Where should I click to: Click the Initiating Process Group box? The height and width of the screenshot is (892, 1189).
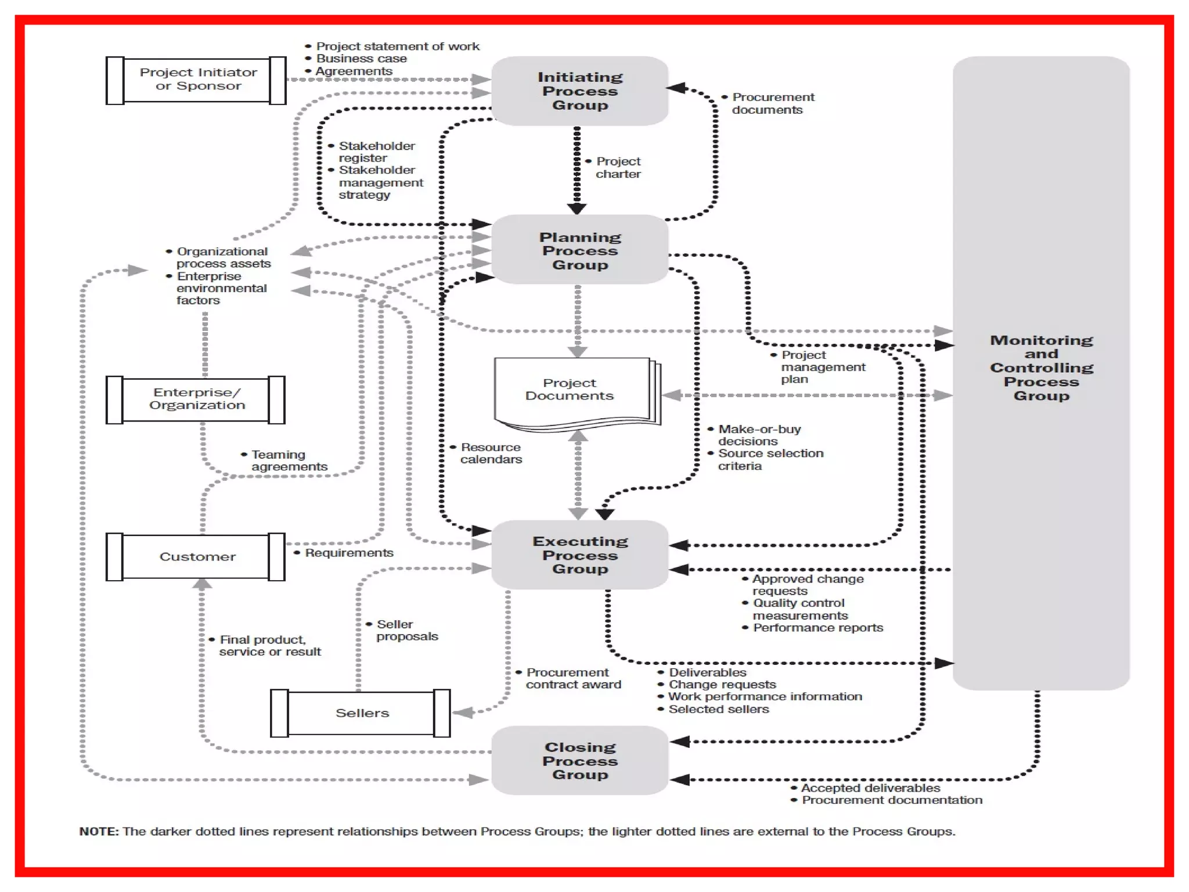pyautogui.click(x=579, y=91)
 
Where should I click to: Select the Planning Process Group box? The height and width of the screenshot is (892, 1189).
pyautogui.click(x=579, y=250)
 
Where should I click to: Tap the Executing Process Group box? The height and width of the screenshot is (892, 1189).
pyautogui.click(x=579, y=555)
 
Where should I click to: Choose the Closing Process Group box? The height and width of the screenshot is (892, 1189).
pyautogui.click(x=579, y=760)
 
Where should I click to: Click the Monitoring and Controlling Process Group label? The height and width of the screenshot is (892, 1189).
pyautogui.click(x=1041, y=368)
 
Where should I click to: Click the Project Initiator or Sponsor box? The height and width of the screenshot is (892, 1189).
pyautogui.click(x=197, y=80)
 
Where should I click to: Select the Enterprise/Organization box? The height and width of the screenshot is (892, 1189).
pyautogui.click(x=196, y=399)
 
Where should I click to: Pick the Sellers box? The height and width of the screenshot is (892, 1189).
pyautogui.click(x=361, y=713)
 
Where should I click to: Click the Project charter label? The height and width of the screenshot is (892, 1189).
pyautogui.click(x=618, y=167)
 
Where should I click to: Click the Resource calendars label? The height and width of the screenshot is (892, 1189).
pyautogui.click(x=491, y=453)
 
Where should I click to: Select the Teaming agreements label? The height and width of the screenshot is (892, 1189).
pyautogui.click(x=289, y=461)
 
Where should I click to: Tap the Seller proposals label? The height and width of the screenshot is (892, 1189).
pyautogui.click(x=406, y=630)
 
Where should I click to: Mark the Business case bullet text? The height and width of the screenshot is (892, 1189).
pyautogui.click(x=361, y=59)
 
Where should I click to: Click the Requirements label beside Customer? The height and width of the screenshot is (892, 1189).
pyautogui.click(x=349, y=553)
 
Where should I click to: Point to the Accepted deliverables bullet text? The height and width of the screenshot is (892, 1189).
pyautogui.click(x=870, y=788)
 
